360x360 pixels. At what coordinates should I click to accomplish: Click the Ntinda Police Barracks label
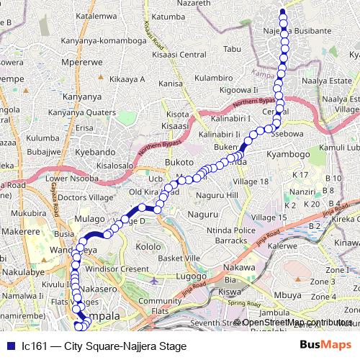pyautogui.click(x=227, y=235)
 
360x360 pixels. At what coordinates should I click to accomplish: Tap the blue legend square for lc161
pyautogui.click(x=11, y=346)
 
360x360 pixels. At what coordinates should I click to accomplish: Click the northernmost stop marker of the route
pyautogui.click(x=282, y=12)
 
